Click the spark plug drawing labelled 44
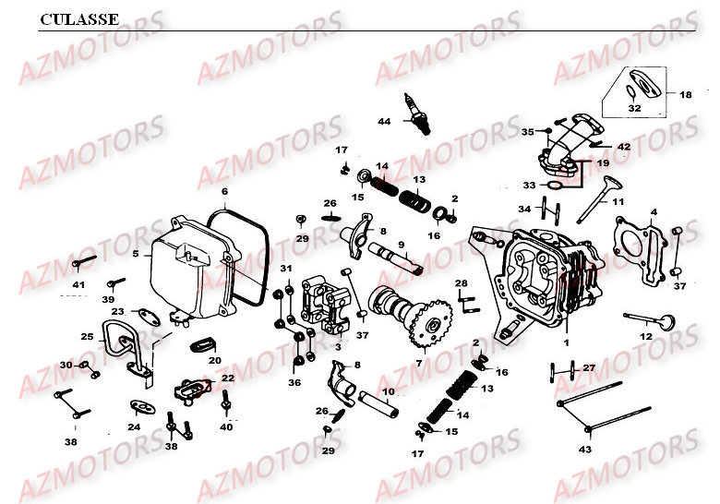click(x=417, y=114)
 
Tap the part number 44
click(x=384, y=122)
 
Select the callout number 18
click(x=685, y=95)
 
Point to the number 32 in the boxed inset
click(x=634, y=109)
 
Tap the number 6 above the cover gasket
click(x=223, y=192)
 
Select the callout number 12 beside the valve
click(x=645, y=336)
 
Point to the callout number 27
click(x=589, y=368)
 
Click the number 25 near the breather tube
click(x=87, y=336)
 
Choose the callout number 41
click(x=78, y=284)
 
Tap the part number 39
click(x=108, y=300)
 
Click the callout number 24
click(x=134, y=426)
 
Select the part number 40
click(x=226, y=426)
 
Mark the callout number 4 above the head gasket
click(x=654, y=212)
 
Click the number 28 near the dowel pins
click(x=461, y=282)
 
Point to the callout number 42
click(x=624, y=147)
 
